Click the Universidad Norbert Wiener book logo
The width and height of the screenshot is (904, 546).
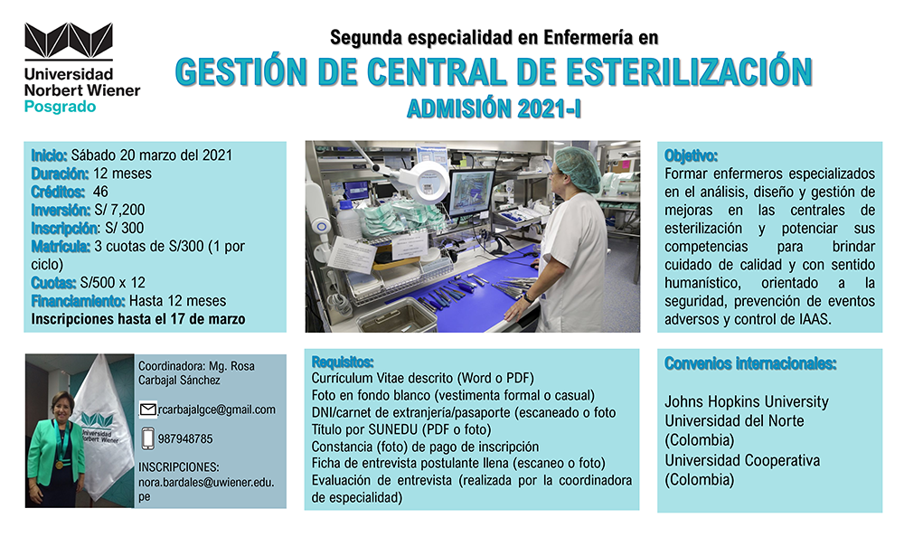[69, 41]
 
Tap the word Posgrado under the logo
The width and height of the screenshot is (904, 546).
[60, 108]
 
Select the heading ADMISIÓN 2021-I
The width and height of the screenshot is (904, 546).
[494, 108]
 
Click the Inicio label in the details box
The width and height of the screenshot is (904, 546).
[49, 155]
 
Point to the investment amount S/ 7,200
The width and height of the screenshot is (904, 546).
[119, 210]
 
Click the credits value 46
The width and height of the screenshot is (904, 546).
[100, 192]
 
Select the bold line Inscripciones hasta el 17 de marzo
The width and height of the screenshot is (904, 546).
[138, 319]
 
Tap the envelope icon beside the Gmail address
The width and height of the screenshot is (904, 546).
[148, 409]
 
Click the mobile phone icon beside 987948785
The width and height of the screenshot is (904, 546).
[148, 438]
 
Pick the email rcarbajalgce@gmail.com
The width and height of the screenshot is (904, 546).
[217, 409]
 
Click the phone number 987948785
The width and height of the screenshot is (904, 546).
[185, 438]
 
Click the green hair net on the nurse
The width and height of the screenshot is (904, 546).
[579, 168]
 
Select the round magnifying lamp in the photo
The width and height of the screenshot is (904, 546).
[428, 182]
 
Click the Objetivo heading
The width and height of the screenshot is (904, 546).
[691, 155]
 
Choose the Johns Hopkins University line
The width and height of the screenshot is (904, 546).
[747, 401]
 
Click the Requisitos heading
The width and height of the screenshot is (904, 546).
[343, 362]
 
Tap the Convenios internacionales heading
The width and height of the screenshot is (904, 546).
[750, 363]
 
